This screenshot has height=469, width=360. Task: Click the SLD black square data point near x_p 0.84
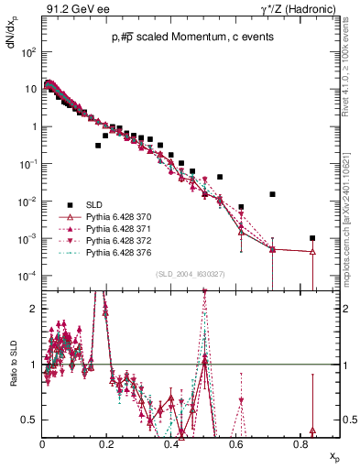coord(313,238)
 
